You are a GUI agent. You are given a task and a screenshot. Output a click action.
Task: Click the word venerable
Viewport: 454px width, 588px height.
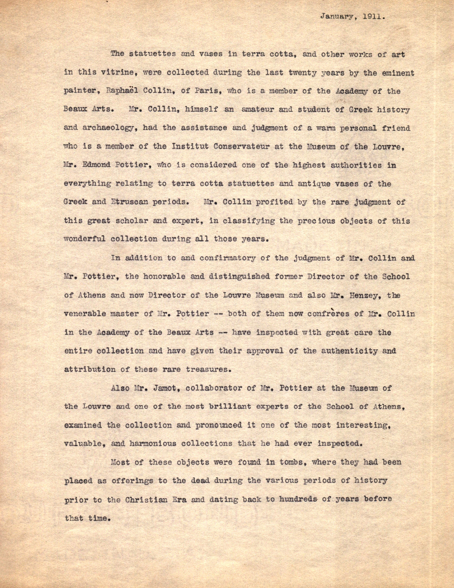(x=87, y=314)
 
